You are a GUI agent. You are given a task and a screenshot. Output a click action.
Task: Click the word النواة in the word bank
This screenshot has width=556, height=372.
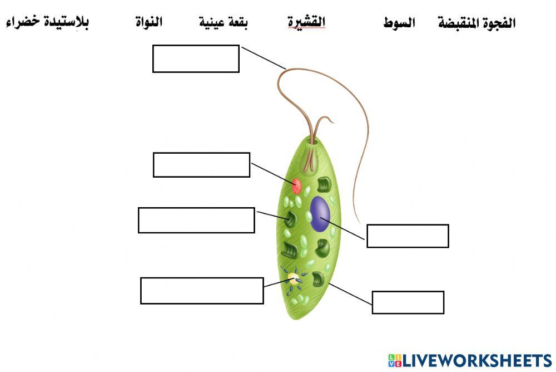(149, 23)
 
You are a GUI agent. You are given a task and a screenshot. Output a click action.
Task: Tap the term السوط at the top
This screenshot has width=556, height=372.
(399, 23)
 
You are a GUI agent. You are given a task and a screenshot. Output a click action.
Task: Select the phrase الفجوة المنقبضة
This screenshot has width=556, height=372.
(476, 23)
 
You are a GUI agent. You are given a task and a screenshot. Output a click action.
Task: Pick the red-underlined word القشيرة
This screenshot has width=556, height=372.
(306, 22)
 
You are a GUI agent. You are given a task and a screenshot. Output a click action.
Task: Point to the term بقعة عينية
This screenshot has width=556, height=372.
(223, 23)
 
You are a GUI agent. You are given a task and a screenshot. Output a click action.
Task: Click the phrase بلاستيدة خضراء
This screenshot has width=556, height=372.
(47, 23)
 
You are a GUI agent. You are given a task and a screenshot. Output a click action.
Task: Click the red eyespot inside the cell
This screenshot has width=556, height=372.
(297, 185)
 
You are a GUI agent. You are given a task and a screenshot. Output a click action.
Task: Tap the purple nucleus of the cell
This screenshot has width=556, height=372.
(320, 214)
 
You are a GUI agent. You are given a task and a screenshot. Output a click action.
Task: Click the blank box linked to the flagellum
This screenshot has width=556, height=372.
(196, 59)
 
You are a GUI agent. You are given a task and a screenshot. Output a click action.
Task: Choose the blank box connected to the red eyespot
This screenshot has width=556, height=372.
(201, 165)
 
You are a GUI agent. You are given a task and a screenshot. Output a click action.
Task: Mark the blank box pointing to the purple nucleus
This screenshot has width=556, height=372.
(408, 236)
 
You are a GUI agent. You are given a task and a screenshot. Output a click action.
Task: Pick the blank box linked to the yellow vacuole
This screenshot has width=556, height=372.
(202, 291)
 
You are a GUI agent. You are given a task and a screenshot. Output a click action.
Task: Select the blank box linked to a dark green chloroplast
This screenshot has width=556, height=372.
(196, 220)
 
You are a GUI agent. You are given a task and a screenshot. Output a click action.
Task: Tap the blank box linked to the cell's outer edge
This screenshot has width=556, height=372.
(408, 302)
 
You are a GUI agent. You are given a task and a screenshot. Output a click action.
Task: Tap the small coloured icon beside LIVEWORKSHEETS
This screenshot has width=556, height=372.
(395, 360)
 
